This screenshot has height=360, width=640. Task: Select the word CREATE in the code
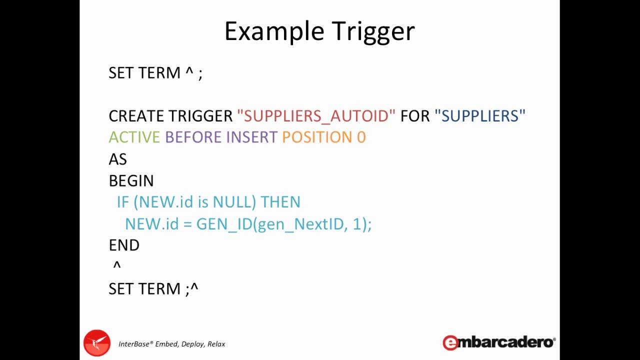[x=136, y=116]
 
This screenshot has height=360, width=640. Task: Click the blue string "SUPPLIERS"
[x=480, y=116]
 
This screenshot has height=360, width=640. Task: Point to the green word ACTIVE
[x=134, y=137]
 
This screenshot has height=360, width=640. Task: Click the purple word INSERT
[x=251, y=137]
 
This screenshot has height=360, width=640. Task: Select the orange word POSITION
[x=317, y=137]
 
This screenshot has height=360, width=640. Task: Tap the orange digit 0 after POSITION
[x=361, y=137]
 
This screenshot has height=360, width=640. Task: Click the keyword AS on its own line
[x=118, y=159]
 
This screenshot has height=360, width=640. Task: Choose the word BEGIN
[x=131, y=181]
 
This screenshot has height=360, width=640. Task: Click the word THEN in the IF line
[x=280, y=202]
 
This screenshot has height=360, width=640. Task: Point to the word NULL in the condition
[x=234, y=202]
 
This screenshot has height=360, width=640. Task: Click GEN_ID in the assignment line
[x=224, y=224]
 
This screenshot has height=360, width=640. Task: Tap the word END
[x=124, y=245]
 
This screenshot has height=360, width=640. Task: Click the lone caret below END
[x=117, y=266]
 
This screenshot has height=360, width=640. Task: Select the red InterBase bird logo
[x=96, y=343]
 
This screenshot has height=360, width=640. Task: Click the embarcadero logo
[x=499, y=342]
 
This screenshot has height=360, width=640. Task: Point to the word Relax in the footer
[x=216, y=344]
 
